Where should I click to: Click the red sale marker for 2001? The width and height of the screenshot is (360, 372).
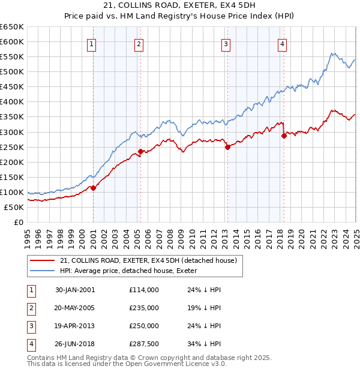coord(94,188)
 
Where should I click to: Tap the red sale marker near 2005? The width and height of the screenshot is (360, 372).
coord(140,151)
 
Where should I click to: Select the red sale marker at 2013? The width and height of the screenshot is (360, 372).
coord(227,147)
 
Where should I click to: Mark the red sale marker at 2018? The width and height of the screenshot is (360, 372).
coord(284,136)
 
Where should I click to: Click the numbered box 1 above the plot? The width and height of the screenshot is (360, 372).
coord(92,44)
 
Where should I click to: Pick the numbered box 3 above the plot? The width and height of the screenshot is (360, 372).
coord(226,44)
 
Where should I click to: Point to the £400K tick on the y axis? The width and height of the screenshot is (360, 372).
coord(12,102)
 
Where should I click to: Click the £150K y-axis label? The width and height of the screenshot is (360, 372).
coord(12,177)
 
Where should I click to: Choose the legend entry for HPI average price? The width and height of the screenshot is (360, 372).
coord(133,271)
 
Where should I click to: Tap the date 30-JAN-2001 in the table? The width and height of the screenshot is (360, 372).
coord(74,290)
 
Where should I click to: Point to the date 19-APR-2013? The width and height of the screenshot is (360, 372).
coord(74,326)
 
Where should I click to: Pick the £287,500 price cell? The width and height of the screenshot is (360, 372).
coord(144,344)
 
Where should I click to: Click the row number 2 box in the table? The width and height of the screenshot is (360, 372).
coord(29,308)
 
